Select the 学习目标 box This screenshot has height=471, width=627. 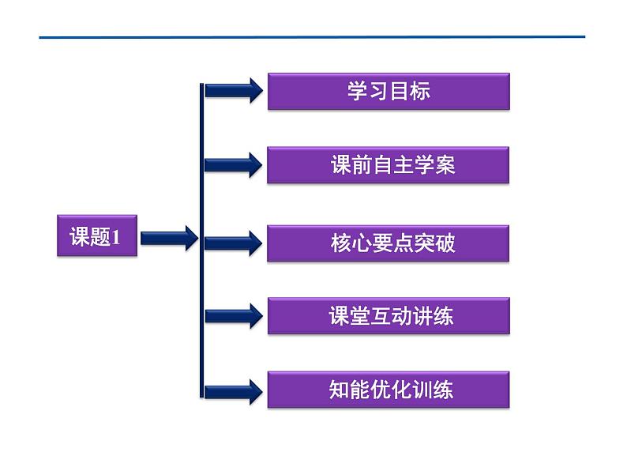click(x=389, y=91)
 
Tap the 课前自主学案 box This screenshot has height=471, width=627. click(x=388, y=165)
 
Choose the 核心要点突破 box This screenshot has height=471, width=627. click(x=388, y=243)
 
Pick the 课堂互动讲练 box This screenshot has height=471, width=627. click(x=388, y=316)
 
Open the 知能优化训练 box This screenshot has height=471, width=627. click(x=388, y=390)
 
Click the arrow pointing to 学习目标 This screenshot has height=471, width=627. click(x=234, y=91)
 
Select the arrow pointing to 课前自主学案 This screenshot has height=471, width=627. click(x=234, y=165)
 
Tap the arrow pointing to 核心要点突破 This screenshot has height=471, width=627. click(x=234, y=243)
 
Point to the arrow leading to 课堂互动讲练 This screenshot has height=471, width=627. click(x=234, y=316)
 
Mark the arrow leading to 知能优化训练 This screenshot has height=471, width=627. click(x=234, y=390)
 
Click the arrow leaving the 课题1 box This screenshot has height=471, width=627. click(x=169, y=237)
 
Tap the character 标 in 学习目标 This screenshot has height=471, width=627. click(x=420, y=91)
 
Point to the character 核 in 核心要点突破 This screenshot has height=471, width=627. click(x=340, y=243)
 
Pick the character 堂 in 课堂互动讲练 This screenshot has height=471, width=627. click(x=358, y=316)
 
